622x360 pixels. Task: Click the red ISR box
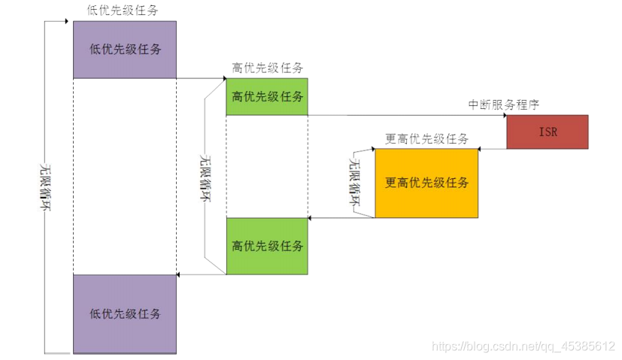click(547, 132)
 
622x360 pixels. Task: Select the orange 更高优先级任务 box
click(426, 183)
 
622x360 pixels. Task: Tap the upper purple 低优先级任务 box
click(124, 50)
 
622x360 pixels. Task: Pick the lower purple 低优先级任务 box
click(124, 313)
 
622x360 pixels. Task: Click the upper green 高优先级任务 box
click(267, 96)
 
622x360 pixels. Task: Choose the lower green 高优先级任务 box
click(267, 246)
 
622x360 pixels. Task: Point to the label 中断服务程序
click(503, 104)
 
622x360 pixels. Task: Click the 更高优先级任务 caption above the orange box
click(426, 138)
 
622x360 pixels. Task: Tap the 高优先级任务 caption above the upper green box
click(267, 68)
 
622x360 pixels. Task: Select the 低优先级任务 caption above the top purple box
click(124, 11)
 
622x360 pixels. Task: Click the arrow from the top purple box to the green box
click(202, 77)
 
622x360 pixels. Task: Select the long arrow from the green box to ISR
click(406, 115)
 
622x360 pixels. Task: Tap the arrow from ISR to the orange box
click(493, 148)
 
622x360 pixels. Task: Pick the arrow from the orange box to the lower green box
click(341, 218)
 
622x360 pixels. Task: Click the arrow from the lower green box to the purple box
click(202, 274)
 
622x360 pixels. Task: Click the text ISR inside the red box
click(547, 132)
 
